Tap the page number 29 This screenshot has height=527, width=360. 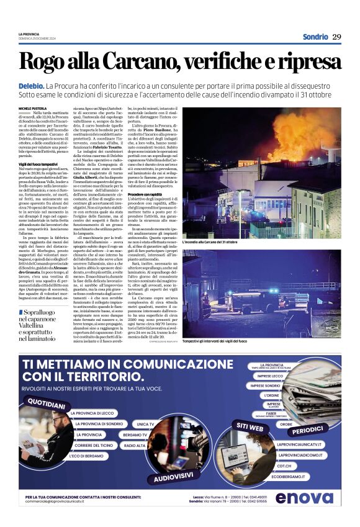pyautogui.click(x=337, y=37)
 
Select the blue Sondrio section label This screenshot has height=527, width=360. pyautogui.click(x=315, y=37)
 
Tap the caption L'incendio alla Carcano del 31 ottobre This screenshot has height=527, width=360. pyautogui.click(x=211, y=241)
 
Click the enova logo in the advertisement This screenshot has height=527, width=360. pyautogui.click(x=304, y=497)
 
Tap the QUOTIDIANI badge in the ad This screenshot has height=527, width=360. pyautogui.click(x=47, y=404)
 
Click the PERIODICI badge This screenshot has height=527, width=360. pyautogui.click(x=308, y=429)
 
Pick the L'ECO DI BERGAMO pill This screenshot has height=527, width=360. pyautogui.click(x=87, y=456)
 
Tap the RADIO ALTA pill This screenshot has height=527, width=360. pyautogui.click(x=135, y=446)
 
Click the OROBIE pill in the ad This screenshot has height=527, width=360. pyautogui.click(x=286, y=424)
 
